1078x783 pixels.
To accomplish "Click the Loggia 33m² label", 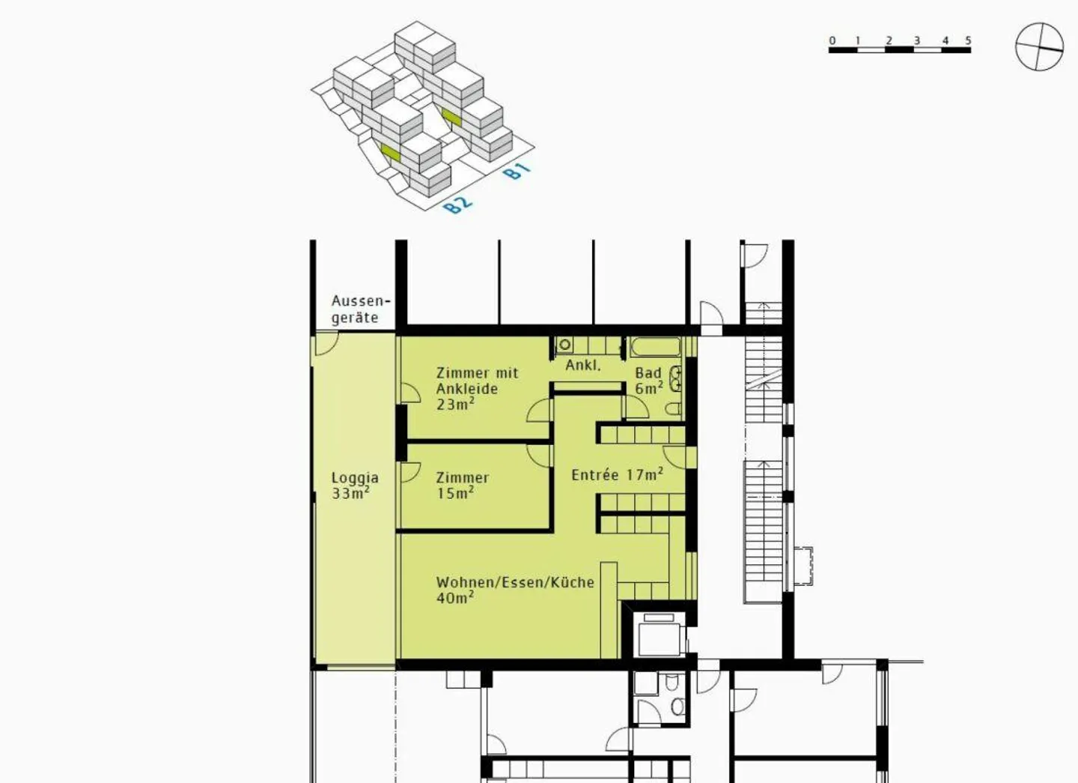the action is (355, 486).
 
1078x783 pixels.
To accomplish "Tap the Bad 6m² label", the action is (649, 381).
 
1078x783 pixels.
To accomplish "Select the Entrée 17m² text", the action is (617, 474).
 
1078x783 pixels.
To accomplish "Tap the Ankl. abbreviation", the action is (583, 365).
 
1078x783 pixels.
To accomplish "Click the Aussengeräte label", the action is (361, 309).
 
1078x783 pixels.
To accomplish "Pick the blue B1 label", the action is (517, 171).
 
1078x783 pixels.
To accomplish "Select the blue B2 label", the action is (457, 205).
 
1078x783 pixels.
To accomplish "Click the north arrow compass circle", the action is (1040, 46).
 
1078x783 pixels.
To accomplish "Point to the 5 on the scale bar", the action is (968, 40).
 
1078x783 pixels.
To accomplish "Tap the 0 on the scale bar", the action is (832, 41).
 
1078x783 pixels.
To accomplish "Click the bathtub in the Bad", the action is (656, 347).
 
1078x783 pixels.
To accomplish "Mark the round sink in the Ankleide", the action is (565, 345).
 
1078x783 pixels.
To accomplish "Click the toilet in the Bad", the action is (673, 409).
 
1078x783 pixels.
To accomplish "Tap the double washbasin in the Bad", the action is (676, 378).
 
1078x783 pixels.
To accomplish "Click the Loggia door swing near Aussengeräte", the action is (326, 344).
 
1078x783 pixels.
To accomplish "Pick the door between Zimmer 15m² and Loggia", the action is (410, 472).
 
